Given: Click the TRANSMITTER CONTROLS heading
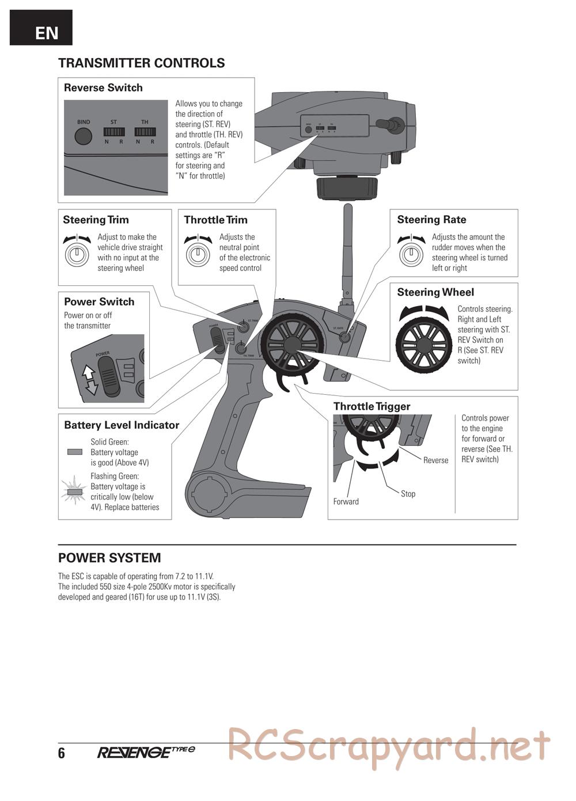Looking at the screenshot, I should [x=141, y=63].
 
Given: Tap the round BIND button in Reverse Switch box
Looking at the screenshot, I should [x=84, y=136].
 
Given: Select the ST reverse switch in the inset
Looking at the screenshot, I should [x=114, y=132].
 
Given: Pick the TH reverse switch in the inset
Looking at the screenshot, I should [x=145, y=132].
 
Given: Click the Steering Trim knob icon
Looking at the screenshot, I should [x=77, y=254].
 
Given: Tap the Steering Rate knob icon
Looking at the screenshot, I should [x=411, y=253].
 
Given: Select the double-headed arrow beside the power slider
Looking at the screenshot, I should [x=89, y=380].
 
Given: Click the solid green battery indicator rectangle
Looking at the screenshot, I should [x=75, y=452].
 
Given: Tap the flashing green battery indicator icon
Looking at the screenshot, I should [x=73, y=491].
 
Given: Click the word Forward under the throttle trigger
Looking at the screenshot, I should [x=346, y=502].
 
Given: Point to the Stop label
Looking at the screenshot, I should [x=408, y=494].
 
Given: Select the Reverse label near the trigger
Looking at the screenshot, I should [x=435, y=460].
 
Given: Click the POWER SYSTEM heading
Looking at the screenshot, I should [x=109, y=558].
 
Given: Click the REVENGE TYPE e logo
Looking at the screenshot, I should [x=146, y=752].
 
